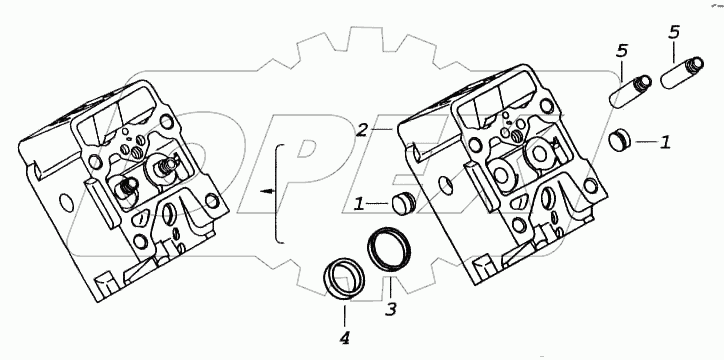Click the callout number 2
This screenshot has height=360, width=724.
362,130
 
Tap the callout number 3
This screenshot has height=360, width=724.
391,309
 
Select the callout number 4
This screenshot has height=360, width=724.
344,339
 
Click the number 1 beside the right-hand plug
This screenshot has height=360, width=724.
665,143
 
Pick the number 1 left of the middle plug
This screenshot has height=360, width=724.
359,204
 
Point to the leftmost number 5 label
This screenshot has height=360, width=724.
622,52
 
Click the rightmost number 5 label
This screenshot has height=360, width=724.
675,33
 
